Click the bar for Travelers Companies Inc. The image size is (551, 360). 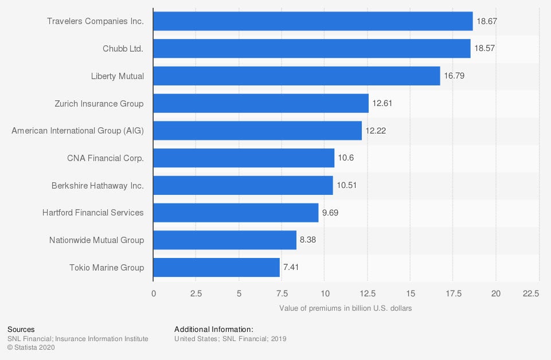313,21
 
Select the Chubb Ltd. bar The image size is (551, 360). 312,49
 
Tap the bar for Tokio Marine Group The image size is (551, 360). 217,267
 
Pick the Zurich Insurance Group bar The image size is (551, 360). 261,103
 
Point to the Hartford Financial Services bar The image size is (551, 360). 236,213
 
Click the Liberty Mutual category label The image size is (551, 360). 118,76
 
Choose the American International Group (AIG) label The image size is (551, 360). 78,131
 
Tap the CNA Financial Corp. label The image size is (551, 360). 105,158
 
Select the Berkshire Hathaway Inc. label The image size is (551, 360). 97,185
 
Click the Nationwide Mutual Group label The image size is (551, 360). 96,240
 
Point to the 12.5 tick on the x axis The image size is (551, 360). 368,294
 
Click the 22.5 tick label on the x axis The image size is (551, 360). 531,294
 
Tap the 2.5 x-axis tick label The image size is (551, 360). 196,294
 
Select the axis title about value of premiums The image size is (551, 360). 346,308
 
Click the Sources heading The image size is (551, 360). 21,330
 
